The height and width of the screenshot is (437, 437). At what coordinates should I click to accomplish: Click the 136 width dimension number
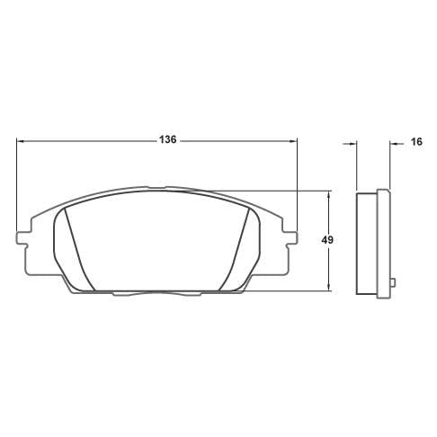coord(167,139)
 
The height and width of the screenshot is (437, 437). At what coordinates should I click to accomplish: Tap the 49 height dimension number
coord(327,240)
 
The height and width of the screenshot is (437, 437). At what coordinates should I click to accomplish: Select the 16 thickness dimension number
coord(416,141)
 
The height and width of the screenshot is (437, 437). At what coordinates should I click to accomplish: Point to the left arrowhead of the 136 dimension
coord(20,140)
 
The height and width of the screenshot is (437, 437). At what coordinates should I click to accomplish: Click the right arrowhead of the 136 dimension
coord(293,140)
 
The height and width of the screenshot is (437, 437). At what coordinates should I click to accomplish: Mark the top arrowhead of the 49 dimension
coord(329,194)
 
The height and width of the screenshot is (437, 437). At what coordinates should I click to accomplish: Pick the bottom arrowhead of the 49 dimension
coord(329,287)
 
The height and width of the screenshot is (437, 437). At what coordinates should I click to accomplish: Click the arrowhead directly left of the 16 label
coord(393,144)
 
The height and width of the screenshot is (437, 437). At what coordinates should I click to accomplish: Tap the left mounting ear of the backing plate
coord(22,238)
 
